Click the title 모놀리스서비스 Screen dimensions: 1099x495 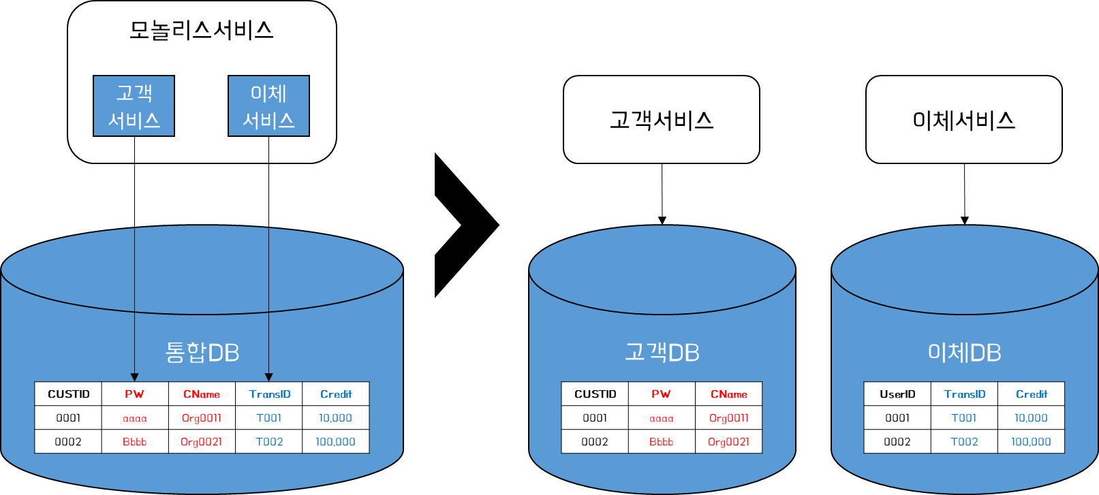click(x=201, y=31)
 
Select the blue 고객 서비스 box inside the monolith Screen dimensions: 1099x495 click(x=134, y=106)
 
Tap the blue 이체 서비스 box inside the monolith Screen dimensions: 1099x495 click(x=269, y=106)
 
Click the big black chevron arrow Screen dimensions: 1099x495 click(x=467, y=225)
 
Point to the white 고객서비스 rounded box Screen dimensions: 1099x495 click(x=662, y=120)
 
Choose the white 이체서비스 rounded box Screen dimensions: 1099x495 click(x=964, y=120)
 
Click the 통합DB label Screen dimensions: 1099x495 click(x=202, y=353)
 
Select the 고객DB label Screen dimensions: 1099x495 click(x=662, y=353)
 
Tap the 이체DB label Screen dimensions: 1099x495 click(x=965, y=353)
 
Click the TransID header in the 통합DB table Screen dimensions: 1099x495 click(x=269, y=394)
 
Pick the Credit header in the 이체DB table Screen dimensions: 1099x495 click(x=1032, y=394)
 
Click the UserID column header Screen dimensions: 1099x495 click(x=897, y=394)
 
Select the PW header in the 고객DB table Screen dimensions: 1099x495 click(x=661, y=394)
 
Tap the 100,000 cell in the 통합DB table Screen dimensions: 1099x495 click(x=336, y=442)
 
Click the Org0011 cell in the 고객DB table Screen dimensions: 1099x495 click(x=728, y=418)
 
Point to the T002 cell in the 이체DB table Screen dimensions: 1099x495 click(x=964, y=442)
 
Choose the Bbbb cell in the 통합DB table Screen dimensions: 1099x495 click(x=134, y=442)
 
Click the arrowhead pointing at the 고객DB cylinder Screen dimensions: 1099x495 click(x=662, y=221)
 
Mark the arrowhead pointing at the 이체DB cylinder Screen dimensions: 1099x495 click(x=965, y=221)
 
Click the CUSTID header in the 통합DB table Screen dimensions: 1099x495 click(x=69, y=394)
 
